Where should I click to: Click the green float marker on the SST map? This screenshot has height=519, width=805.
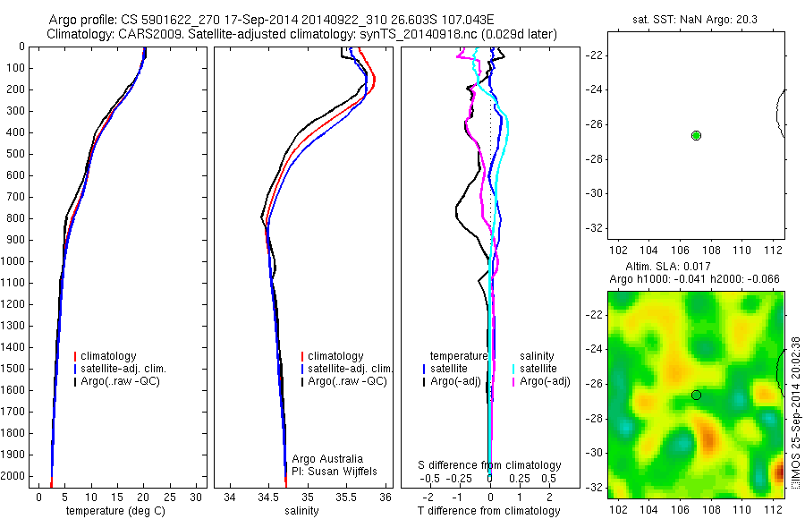point(697,135)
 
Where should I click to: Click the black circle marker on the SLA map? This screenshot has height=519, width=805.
point(696,395)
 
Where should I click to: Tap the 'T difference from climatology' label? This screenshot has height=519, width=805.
point(489,511)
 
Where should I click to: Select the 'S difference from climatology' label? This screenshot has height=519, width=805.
point(489,465)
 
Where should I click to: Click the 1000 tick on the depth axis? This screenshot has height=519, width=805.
point(14,261)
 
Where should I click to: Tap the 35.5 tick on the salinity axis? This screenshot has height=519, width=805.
point(346,498)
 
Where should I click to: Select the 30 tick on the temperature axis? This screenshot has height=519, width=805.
point(197,498)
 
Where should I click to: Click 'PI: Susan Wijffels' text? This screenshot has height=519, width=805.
point(335,471)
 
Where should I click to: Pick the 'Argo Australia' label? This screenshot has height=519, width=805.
point(328,459)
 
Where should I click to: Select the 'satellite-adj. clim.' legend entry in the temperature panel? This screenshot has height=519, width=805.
point(130,369)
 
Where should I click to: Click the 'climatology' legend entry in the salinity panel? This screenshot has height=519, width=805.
point(335,356)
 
